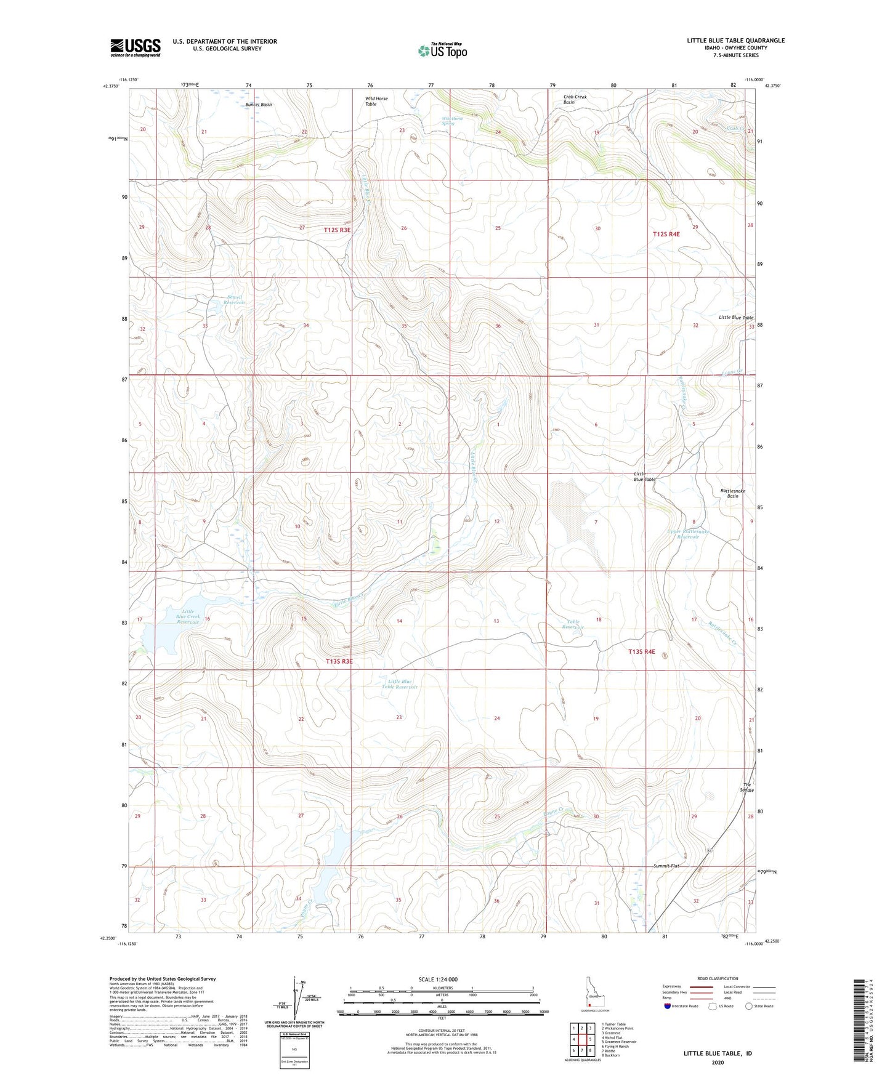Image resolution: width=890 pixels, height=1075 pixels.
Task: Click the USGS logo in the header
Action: pyautogui.click(x=136, y=47)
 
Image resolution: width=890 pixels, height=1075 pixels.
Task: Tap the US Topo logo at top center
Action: pyautogui.click(x=442, y=50)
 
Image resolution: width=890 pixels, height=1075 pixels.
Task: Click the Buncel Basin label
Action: pyautogui.click(x=258, y=105)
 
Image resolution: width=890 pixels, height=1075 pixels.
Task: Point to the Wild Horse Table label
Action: pyautogui.click(x=376, y=102)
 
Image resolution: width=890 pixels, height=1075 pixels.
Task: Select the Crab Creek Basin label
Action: pyautogui.click(x=575, y=99)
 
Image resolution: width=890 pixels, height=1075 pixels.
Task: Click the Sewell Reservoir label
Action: pyautogui.click(x=234, y=300)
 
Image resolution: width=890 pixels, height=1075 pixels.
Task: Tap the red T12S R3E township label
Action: pyautogui.click(x=337, y=230)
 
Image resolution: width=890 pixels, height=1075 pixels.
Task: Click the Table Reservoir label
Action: pyautogui.click(x=574, y=624)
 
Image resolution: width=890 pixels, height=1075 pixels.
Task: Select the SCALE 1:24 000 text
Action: pyautogui.click(x=438, y=979)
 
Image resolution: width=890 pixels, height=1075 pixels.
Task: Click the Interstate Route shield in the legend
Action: pyautogui.click(x=668, y=1006)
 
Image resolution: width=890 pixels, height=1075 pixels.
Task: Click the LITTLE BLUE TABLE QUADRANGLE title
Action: pyautogui.click(x=735, y=41)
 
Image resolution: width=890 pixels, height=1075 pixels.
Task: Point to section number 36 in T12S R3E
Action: pyautogui.click(x=498, y=326)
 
